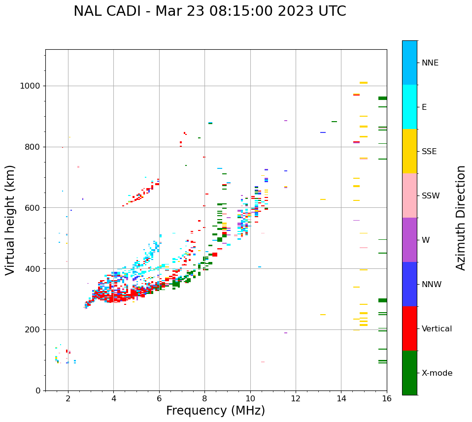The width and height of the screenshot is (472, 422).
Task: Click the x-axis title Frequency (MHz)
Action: (215, 411)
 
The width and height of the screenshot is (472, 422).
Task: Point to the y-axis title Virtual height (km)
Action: (10, 220)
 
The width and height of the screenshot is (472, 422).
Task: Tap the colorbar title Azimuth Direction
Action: (461, 218)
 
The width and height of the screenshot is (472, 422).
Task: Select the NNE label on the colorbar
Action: (430, 63)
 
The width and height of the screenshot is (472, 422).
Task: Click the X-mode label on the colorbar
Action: (437, 373)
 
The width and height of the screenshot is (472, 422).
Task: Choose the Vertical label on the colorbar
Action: (437, 329)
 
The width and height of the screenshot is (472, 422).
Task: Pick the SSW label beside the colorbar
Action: (430, 196)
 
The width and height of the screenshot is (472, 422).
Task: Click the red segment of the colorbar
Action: (409, 328)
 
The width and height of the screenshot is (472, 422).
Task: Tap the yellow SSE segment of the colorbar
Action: (409, 151)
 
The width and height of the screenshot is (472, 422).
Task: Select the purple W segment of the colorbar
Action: (409, 240)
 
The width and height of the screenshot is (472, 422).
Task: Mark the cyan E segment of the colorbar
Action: (409, 107)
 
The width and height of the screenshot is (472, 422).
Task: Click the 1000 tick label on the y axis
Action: (31, 86)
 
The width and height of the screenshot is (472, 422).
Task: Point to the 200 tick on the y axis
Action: (34, 330)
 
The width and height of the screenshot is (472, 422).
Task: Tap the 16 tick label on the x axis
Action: (387, 398)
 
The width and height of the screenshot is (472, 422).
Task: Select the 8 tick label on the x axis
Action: (204, 398)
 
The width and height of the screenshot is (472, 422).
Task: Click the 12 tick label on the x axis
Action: (296, 398)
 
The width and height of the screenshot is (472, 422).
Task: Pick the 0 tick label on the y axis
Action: (37, 390)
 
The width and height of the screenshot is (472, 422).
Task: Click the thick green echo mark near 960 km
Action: (382, 98)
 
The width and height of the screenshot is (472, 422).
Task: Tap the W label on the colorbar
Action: (425, 240)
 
